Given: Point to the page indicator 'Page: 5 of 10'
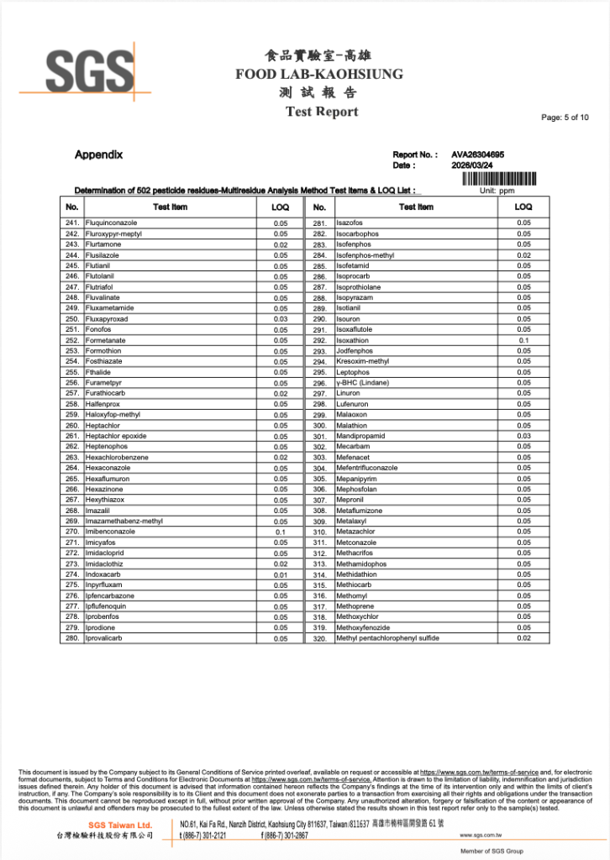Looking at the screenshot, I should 565,118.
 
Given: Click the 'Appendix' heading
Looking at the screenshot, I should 98,155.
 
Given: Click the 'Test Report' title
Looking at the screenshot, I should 322,112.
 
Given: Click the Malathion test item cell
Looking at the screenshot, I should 352,426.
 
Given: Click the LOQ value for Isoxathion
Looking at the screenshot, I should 523,340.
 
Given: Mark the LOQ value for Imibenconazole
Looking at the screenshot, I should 281,532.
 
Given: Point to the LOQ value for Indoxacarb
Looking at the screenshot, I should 281,574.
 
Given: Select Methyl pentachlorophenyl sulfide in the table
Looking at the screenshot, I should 387,638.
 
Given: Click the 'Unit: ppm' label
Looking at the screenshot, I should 496,191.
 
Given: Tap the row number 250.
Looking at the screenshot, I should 71,319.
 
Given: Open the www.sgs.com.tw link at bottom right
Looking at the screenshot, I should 481,836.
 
